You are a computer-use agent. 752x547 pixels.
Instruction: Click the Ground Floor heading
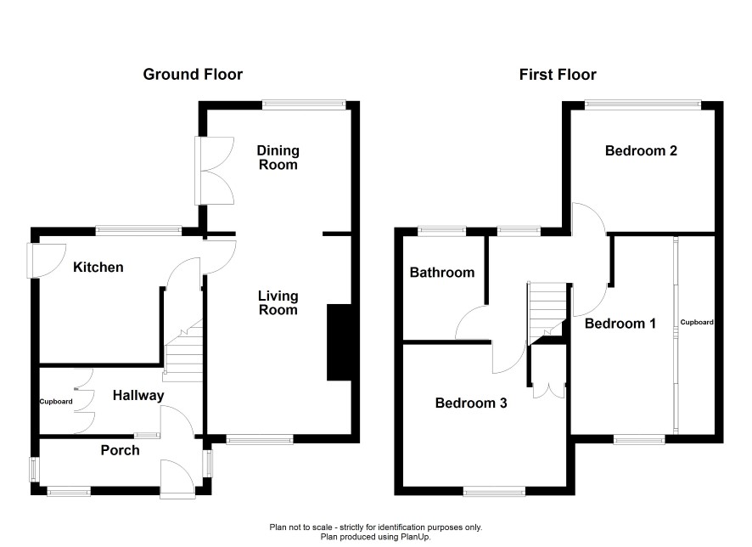click(x=193, y=75)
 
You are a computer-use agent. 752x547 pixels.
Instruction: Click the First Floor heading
click(x=558, y=75)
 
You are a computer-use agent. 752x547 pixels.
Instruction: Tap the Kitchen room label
click(x=98, y=268)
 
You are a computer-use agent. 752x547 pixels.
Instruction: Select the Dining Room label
click(x=278, y=157)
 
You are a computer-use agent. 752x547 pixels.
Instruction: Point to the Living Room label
click(x=278, y=302)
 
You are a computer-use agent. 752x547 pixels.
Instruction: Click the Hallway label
click(x=138, y=395)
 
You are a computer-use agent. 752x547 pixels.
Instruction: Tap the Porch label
click(x=120, y=450)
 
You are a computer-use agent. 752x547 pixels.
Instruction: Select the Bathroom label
click(x=442, y=273)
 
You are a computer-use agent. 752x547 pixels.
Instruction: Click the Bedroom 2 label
click(x=641, y=150)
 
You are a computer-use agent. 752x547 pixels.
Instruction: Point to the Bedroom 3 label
click(x=471, y=403)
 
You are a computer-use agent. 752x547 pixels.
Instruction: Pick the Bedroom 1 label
click(x=620, y=324)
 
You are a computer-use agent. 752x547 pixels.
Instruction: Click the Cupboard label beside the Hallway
click(x=56, y=402)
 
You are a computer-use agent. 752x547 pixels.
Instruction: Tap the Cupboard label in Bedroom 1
click(x=697, y=322)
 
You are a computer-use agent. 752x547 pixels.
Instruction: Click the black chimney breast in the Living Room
click(x=340, y=342)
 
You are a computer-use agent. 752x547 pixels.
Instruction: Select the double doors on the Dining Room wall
click(x=215, y=171)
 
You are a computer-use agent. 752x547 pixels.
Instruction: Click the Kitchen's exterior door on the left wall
click(x=46, y=261)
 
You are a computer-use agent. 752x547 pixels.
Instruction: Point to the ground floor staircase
click(x=182, y=350)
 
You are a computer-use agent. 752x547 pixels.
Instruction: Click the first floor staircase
click(x=547, y=313)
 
